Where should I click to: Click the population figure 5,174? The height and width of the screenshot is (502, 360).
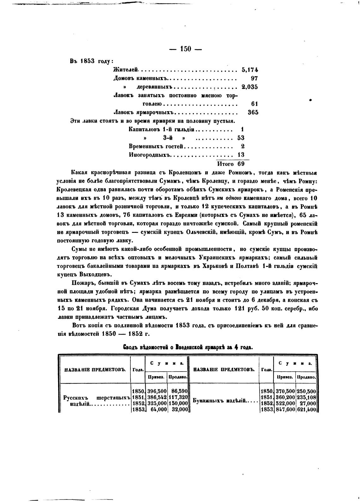(249, 70)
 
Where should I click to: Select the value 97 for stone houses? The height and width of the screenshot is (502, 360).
(254, 78)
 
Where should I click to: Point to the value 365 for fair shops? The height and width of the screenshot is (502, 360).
(253, 112)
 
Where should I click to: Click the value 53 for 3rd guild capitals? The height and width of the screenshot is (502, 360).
(241, 138)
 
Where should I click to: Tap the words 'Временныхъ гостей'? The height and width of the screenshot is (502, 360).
(156, 146)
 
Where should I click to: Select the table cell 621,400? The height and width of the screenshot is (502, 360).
(306, 410)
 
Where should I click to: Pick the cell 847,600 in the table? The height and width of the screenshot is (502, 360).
(285, 410)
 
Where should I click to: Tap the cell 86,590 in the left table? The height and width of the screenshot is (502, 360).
(178, 391)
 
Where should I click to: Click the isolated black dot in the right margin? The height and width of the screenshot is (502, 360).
(310, 100)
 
